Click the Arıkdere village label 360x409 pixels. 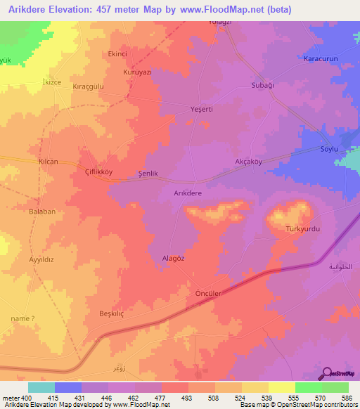(188, 193)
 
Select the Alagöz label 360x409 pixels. (174, 258)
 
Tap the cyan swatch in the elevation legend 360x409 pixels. (41, 387)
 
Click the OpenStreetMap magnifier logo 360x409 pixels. (326, 374)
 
